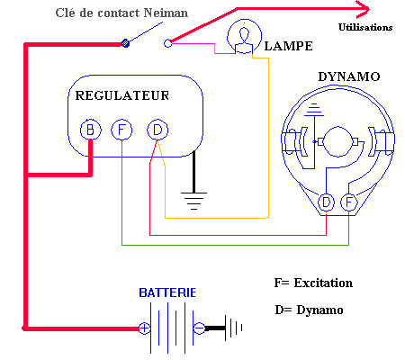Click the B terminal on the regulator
91,130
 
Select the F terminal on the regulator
121,130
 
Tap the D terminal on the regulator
157,130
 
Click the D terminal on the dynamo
326,202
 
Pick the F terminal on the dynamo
349,202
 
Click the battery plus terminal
144,328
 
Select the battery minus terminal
199,328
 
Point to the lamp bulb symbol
245,37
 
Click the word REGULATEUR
122,95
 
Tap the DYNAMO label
349,76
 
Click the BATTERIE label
167,292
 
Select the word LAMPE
288,46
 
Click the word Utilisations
365,27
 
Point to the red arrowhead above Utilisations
364,9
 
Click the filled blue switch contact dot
125,43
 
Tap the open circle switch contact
168,43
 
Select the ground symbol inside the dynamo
314,110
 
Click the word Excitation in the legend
323,283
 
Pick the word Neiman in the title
166,13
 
